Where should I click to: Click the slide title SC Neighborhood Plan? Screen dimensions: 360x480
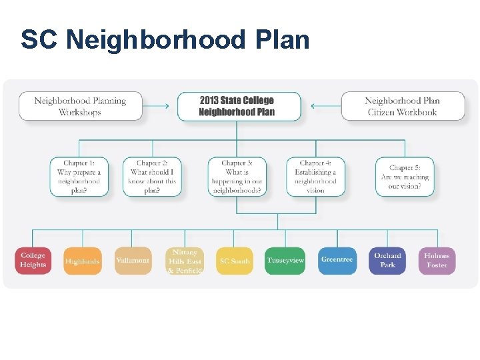(x=165, y=40)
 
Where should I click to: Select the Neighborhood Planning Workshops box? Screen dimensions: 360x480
(x=80, y=107)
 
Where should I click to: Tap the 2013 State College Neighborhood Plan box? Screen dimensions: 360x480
(x=237, y=107)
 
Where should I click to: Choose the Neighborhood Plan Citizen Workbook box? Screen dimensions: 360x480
(x=402, y=107)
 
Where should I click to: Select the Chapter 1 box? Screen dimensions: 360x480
(x=79, y=177)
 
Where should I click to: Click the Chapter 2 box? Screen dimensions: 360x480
(x=152, y=177)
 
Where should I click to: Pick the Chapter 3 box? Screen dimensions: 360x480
(x=237, y=177)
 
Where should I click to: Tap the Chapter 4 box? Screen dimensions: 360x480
(x=316, y=177)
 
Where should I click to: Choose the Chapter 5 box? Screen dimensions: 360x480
(x=405, y=177)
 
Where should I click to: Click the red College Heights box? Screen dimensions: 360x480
(x=33, y=261)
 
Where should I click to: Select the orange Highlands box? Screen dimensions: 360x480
(x=83, y=261)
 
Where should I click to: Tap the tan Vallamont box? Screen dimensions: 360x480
(x=132, y=261)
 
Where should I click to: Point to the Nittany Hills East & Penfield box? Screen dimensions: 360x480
(x=185, y=261)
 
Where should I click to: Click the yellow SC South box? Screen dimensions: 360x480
(x=235, y=261)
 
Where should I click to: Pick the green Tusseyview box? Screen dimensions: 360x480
(x=285, y=261)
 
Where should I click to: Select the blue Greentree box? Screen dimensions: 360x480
(x=337, y=261)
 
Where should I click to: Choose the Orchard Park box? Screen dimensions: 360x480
(x=387, y=261)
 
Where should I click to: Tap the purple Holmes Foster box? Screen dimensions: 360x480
(x=437, y=261)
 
